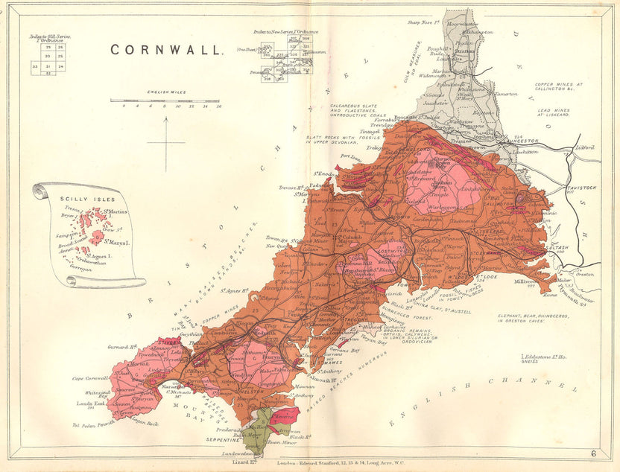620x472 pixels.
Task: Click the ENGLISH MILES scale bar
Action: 166,101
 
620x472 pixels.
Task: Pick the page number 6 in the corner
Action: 593,453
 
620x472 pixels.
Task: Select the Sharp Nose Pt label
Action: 425,22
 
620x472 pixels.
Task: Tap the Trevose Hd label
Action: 294,188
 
